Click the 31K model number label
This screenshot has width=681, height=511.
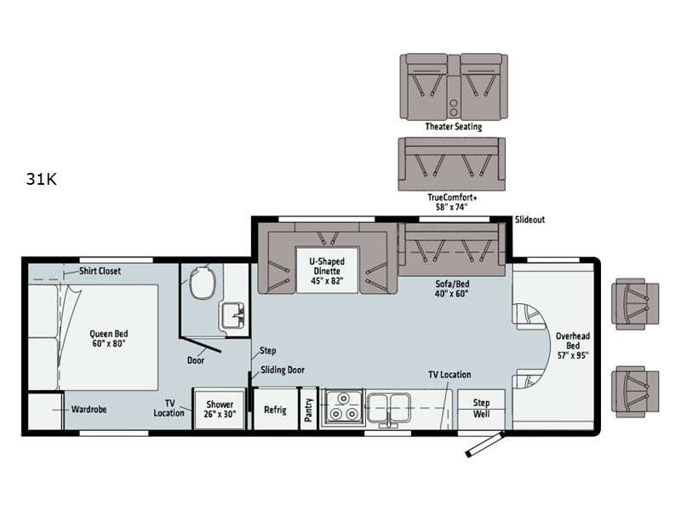tap(41, 179)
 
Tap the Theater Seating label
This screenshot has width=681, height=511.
tap(454, 126)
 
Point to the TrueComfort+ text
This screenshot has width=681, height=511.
tap(452, 198)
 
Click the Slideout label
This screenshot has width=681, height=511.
tap(529, 220)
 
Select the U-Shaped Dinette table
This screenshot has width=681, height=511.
tap(327, 270)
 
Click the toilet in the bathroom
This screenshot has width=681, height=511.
tap(203, 283)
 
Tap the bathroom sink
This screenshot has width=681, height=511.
tap(233, 315)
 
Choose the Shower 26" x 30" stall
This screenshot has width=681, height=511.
tap(220, 410)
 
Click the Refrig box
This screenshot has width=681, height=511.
tap(275, 410)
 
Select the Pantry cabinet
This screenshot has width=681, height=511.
tap(309, 410)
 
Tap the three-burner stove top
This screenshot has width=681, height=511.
tap(343, 407)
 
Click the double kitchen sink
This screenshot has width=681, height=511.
tap(389, 409)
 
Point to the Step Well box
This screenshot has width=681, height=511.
tap(481, 410)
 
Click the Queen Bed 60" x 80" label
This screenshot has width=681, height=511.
tap(109, 338)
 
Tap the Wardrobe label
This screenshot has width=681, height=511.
tap(89, 410)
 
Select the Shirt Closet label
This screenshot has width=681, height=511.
tap(100, 271)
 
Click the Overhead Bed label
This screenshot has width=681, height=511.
tap(573, 346)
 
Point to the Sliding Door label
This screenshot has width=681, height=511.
tap(283, 370)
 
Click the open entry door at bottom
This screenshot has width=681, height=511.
tap(484, 444)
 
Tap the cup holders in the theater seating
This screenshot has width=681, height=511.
tap(454, 108)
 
